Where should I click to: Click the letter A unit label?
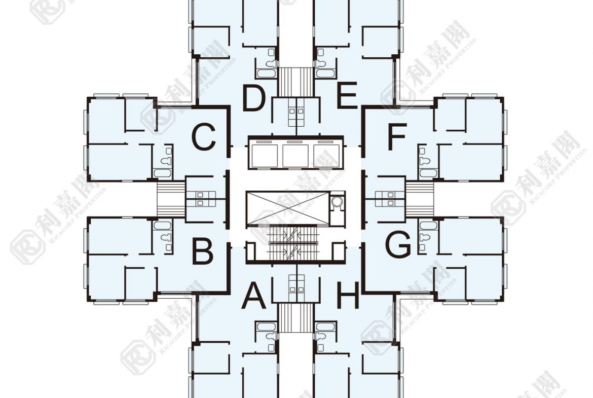tap(254, 296)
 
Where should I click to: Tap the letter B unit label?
tap(203, 250)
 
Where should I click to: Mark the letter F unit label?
tap(397, 136)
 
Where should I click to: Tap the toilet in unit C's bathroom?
tap(166, 160)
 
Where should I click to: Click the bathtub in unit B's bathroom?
tap(163, 226)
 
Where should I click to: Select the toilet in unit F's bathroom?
tap(423, 160)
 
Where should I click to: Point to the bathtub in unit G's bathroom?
tap(428, 226)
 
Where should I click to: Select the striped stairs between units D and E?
tap(296, 81)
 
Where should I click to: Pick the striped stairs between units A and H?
tap(296, 317)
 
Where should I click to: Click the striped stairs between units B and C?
tap(171, 199)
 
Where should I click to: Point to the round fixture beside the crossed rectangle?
tap(337, 203)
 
